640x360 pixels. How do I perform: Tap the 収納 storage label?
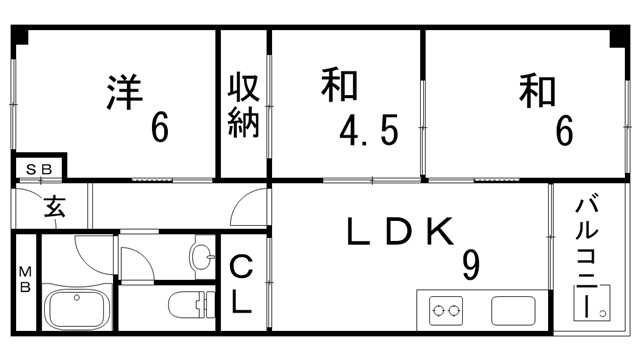click(x=244, y=105)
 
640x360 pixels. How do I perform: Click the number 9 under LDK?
click(x=470, y=265)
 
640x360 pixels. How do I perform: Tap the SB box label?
click(x=39, y=168)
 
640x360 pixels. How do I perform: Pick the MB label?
click(x=25, y=279)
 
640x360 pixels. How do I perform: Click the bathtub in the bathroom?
click(x=79, y=306)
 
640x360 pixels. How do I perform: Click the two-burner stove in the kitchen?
click(x=448, y=310)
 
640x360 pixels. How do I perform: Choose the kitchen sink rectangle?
click(x=512, y=310)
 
